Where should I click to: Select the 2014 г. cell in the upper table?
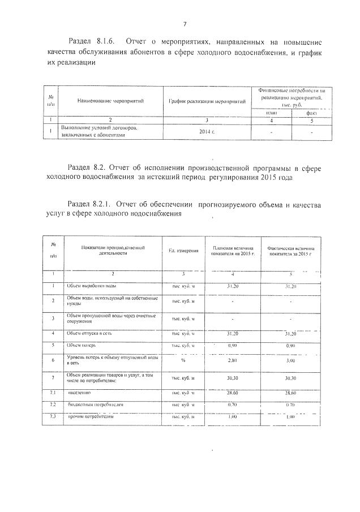coord(207,132)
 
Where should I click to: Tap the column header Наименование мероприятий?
coord(111,101)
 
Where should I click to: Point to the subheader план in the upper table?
coord(271,112)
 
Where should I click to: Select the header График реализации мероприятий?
coord(207,101)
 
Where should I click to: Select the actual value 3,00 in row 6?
coord(290,360)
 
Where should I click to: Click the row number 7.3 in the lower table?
coord(52,417)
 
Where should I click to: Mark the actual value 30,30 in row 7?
coord(290,377)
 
